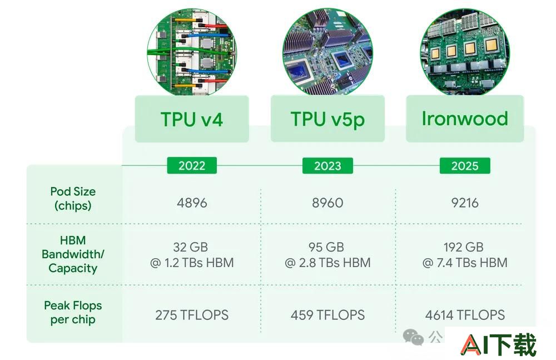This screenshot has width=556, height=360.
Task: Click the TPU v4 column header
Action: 192,119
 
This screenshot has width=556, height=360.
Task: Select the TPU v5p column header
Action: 327,119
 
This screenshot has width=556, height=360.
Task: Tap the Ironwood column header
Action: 465,119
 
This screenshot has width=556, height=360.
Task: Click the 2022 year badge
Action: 192,165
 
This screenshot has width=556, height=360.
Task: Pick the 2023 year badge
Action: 327,165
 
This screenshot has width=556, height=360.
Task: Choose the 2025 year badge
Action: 465,165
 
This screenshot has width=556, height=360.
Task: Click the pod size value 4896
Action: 192,203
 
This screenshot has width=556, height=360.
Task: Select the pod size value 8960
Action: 327,203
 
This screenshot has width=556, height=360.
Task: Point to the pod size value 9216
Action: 465,203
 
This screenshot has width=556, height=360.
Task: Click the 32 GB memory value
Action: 190,246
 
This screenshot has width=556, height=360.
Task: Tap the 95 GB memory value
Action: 326,246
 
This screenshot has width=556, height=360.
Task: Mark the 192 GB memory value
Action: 464,246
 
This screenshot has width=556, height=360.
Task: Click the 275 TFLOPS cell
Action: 192,315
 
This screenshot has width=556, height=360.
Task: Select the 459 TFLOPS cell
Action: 327,315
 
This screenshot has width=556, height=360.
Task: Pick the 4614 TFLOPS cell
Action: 465,315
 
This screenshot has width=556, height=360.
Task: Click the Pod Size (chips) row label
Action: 73,199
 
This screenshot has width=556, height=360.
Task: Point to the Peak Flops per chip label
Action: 73,312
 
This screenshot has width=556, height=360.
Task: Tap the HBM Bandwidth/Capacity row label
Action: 73,254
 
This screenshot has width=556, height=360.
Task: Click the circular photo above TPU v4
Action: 192,52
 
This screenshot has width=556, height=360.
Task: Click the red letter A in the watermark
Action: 470,345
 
